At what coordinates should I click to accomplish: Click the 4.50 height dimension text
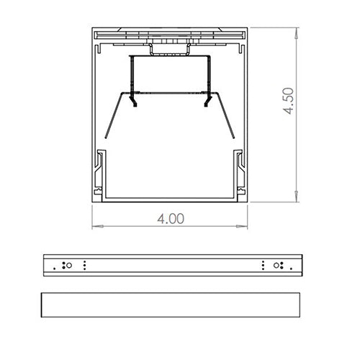pos(289,102)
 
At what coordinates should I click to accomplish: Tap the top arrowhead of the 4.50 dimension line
pos(297,31)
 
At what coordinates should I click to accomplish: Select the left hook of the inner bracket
pos(134,102)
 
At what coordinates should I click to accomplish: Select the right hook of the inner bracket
pos(207,102)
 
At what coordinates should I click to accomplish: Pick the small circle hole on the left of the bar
pos(68,265)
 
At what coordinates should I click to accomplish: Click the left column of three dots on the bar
pos(86,265)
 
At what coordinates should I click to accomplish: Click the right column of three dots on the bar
pos(264,265)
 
